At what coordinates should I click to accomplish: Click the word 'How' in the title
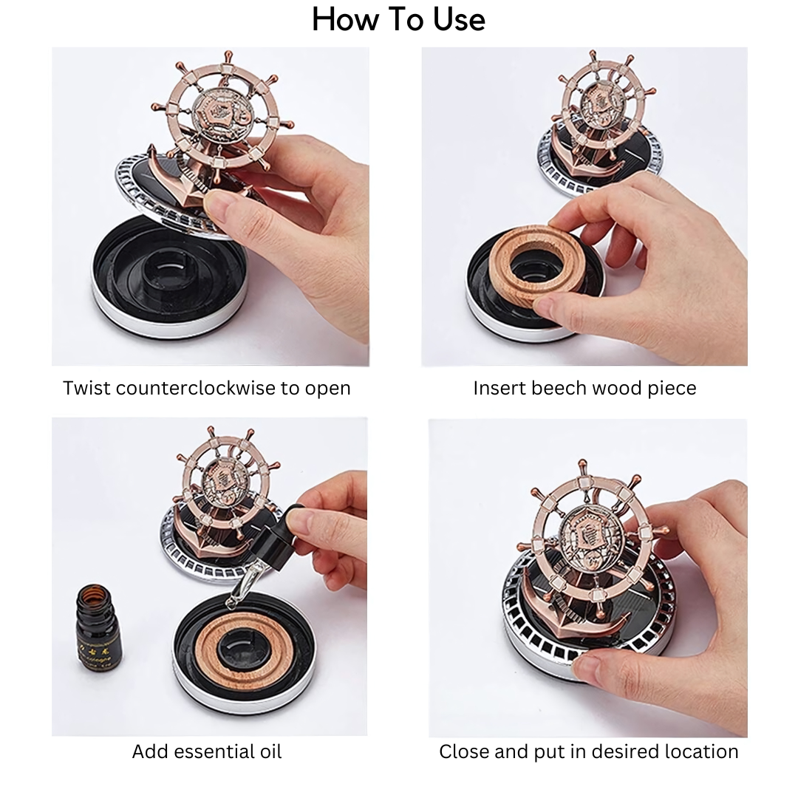(346, 21)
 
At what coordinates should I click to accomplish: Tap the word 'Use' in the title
(459, 21)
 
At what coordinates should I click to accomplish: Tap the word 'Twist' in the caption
(86, 389)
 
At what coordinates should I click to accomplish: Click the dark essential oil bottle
(99, 627)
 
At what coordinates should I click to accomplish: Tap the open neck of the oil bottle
(93, 591)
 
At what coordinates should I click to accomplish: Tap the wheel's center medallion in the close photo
(592, 536)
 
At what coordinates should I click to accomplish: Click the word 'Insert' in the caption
(499, 389)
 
